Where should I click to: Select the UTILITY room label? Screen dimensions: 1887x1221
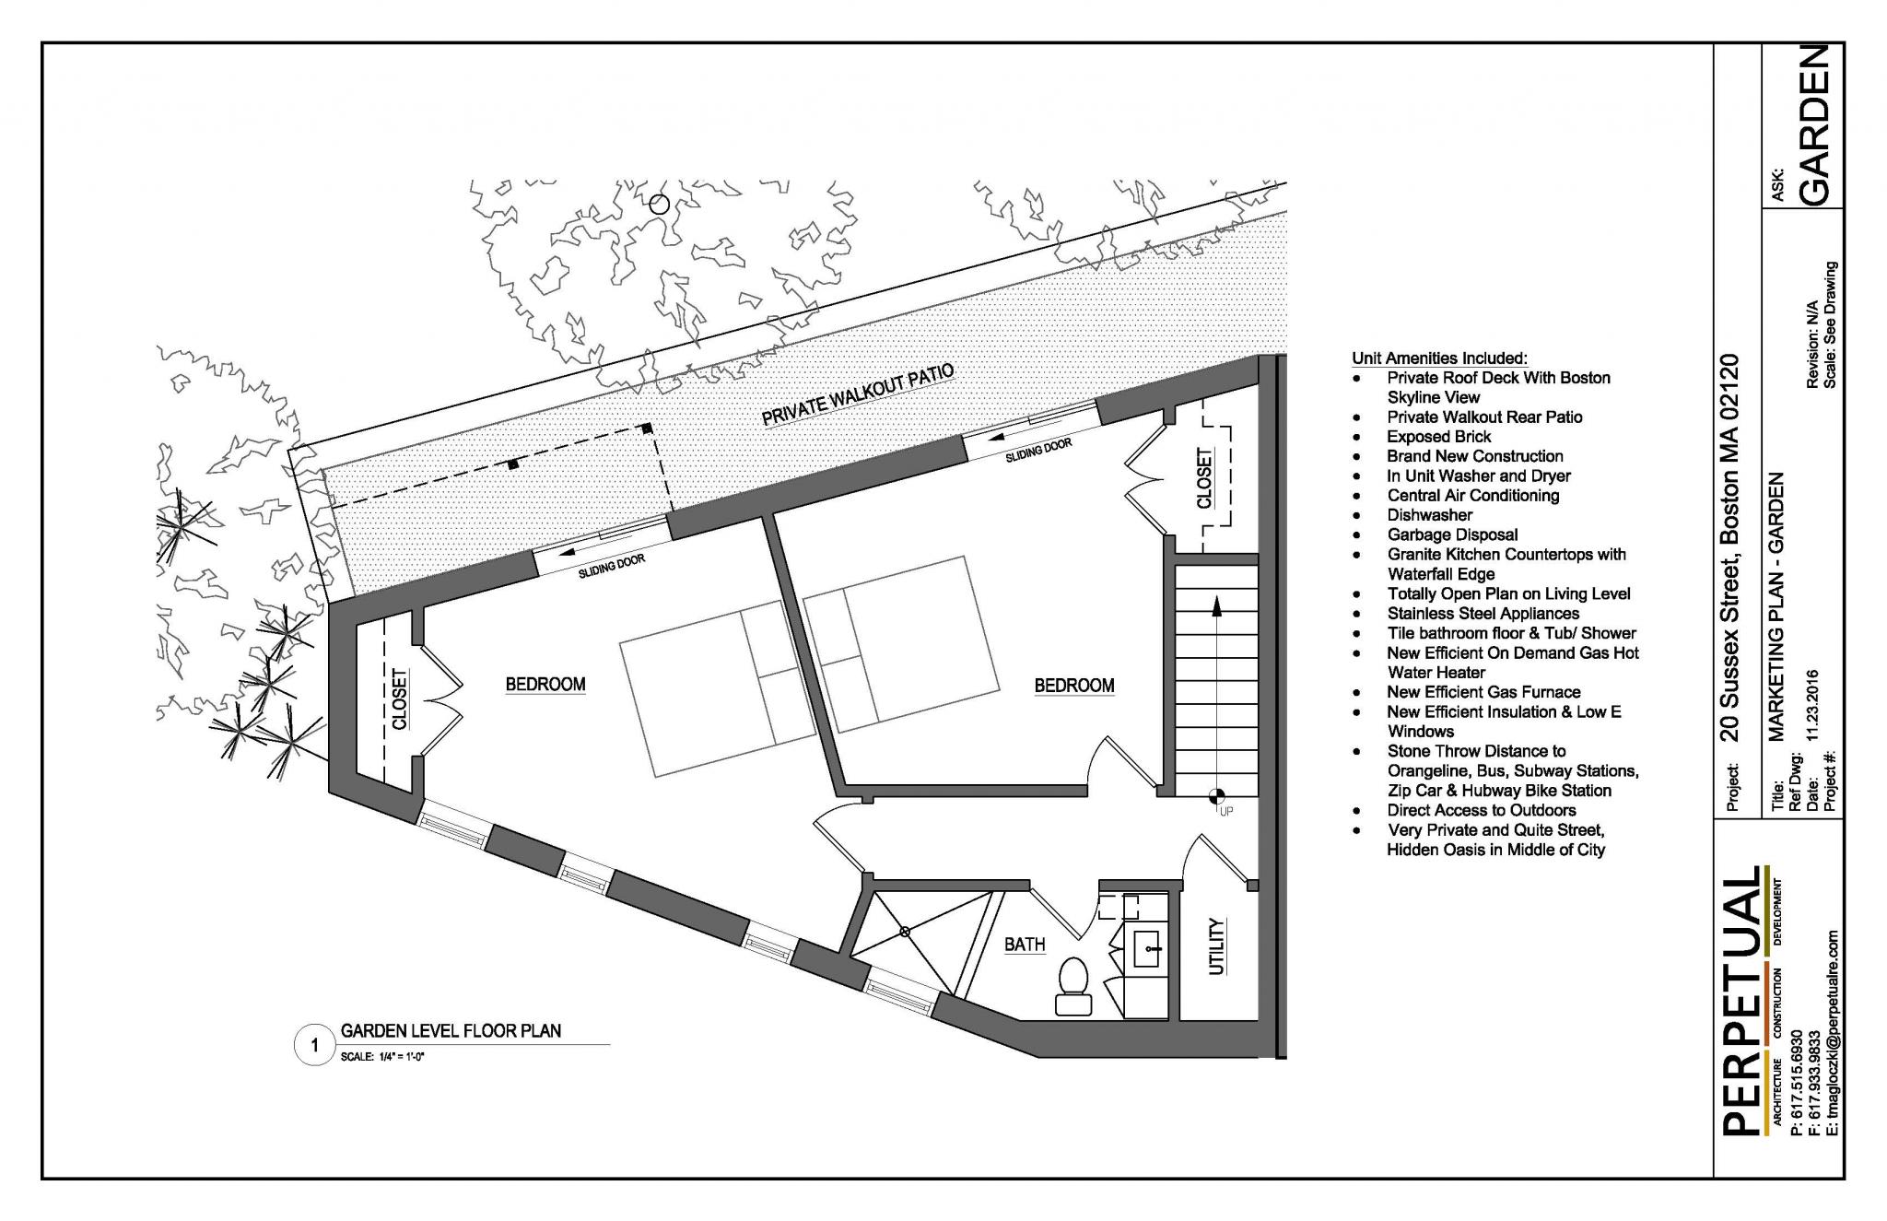pos(1217,945)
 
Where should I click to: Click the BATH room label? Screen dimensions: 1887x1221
pos(1025,944)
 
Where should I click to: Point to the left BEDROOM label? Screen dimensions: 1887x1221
pos(545,684)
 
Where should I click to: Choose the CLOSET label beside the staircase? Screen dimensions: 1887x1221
pos(1204,477)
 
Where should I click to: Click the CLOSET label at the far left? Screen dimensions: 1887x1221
pos(399,698)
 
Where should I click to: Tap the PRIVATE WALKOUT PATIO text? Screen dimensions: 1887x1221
pos(857,395)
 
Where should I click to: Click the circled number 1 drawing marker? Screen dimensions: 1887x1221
pos(315,1045)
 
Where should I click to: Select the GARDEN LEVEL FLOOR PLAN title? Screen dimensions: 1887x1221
pos(451,1030)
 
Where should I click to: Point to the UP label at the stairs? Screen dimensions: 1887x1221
pos(1225,811)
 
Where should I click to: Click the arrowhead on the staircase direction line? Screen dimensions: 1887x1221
pos(1216,605)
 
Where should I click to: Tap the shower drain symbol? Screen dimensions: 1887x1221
pos(905,932)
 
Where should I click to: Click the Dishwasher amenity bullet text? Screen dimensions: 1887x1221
pos(1430,515)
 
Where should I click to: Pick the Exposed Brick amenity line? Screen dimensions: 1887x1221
pos(1439,437)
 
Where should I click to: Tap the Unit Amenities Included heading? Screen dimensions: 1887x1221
pos(1439,358)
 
